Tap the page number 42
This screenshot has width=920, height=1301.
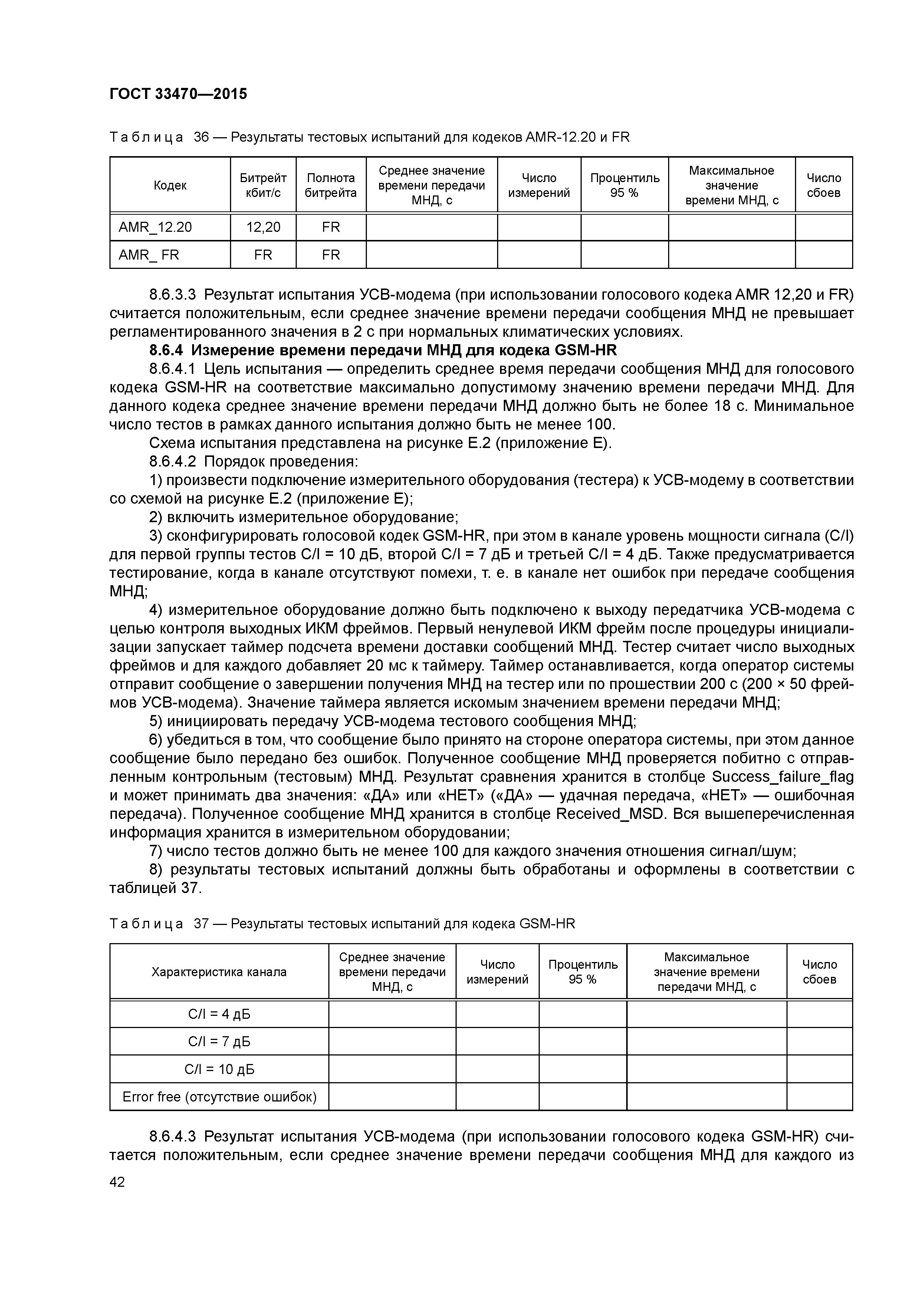click(117, 1182)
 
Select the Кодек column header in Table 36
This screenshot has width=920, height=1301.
click(170, 185)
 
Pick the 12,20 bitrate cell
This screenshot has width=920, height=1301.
click(263, 227)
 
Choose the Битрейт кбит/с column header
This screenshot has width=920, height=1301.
click(263, 185)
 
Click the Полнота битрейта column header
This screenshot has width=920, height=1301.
click(331, 185)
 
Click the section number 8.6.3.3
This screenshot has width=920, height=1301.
click(172, 295)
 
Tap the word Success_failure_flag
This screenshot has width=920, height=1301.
click(782, 777)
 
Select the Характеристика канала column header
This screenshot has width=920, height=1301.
click(219, 972)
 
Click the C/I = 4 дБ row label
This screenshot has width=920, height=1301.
click(219, 1014)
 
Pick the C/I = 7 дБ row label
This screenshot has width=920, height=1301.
click(219, 1041)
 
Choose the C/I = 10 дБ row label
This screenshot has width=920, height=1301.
click(219, 1069)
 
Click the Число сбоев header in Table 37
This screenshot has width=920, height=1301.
click(819, 972)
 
